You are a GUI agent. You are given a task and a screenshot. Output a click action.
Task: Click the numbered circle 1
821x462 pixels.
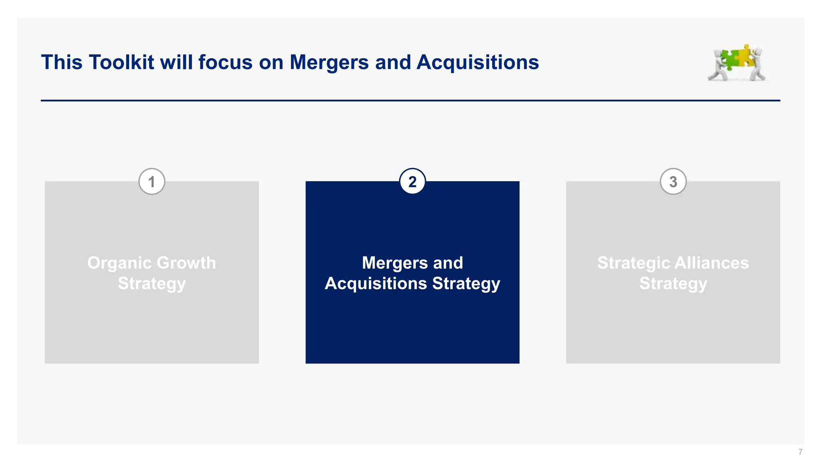[x=152, y=182]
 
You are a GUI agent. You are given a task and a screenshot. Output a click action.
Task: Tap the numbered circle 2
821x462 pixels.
[x=412, y=182]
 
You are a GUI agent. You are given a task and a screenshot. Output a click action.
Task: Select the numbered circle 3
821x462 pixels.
[x=673, y=182]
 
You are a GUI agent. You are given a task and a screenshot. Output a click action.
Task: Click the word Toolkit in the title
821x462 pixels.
[x=121, y=63]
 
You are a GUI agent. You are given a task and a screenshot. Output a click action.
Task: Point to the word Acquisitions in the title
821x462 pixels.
[x=477, y=63]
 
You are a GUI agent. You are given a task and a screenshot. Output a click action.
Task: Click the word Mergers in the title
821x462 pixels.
[x=329, y=63]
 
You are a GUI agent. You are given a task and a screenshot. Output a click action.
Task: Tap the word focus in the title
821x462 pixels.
[x=225, y=63]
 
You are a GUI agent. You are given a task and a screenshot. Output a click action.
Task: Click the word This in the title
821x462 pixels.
[x=61, y=63]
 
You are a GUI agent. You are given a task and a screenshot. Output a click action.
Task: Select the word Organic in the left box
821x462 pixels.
[x=119, y=263]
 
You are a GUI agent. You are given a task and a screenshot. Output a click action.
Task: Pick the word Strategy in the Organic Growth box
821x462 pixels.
[x=152, y=284]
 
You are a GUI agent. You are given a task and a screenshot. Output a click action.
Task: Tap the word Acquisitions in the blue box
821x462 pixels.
[x=376, y=284]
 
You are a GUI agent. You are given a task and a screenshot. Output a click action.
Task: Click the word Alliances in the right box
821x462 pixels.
[x=712, y=263]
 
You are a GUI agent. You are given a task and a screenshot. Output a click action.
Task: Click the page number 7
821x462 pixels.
[x=800, y=452]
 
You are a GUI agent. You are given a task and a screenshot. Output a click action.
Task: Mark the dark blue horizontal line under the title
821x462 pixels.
[x=410, y=100]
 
